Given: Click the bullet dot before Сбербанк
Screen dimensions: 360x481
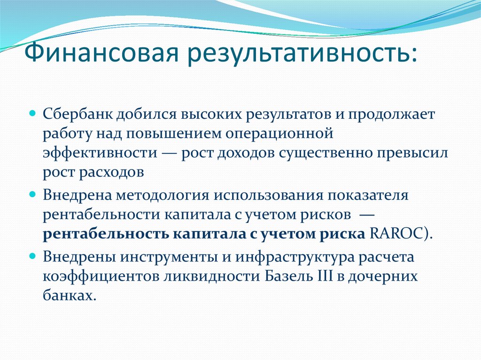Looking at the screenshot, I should pyautogui.click(x=33, y=114).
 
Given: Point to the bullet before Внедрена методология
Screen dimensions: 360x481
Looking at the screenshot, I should pyautogui.click(x=33, y=194).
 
